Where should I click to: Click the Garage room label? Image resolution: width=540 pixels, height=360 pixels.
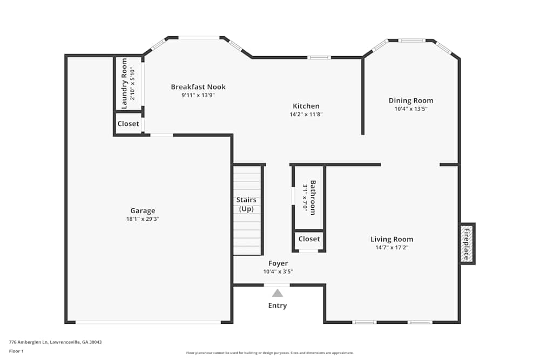pos(143,210)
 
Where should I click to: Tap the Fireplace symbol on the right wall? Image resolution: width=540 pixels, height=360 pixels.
pos(467,244)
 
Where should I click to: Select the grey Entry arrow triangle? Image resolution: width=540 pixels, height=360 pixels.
pos(278,293)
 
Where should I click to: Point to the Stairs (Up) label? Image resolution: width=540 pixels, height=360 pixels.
pos(247,204)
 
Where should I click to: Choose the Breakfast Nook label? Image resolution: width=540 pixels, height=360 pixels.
pos(198,87)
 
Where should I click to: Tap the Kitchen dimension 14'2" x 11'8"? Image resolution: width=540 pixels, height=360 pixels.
pos(306,114)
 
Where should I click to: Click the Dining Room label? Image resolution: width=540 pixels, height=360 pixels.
pos(411,100)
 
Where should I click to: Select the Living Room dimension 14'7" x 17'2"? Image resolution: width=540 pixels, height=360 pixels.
pos(392,248)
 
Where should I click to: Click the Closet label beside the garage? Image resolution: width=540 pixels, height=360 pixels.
pos(129,124)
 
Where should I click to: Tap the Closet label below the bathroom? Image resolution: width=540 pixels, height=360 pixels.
pos(309,239)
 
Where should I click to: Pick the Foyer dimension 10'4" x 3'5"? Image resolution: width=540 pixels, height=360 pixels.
pos(278,272)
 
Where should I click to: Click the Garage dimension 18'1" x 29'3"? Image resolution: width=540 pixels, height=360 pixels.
pos(143,219)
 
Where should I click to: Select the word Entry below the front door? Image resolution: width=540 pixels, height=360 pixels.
pos(278,305)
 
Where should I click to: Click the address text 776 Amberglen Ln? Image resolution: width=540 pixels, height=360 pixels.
pos(32,342)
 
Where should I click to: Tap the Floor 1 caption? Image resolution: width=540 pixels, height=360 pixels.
pos(16,351)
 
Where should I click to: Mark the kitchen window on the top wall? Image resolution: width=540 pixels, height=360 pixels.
pos(319,57)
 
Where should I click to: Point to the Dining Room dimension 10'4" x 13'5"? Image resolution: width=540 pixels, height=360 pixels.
pos(411,109)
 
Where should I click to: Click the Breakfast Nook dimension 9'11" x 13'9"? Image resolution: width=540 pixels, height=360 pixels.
pos(198,96)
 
